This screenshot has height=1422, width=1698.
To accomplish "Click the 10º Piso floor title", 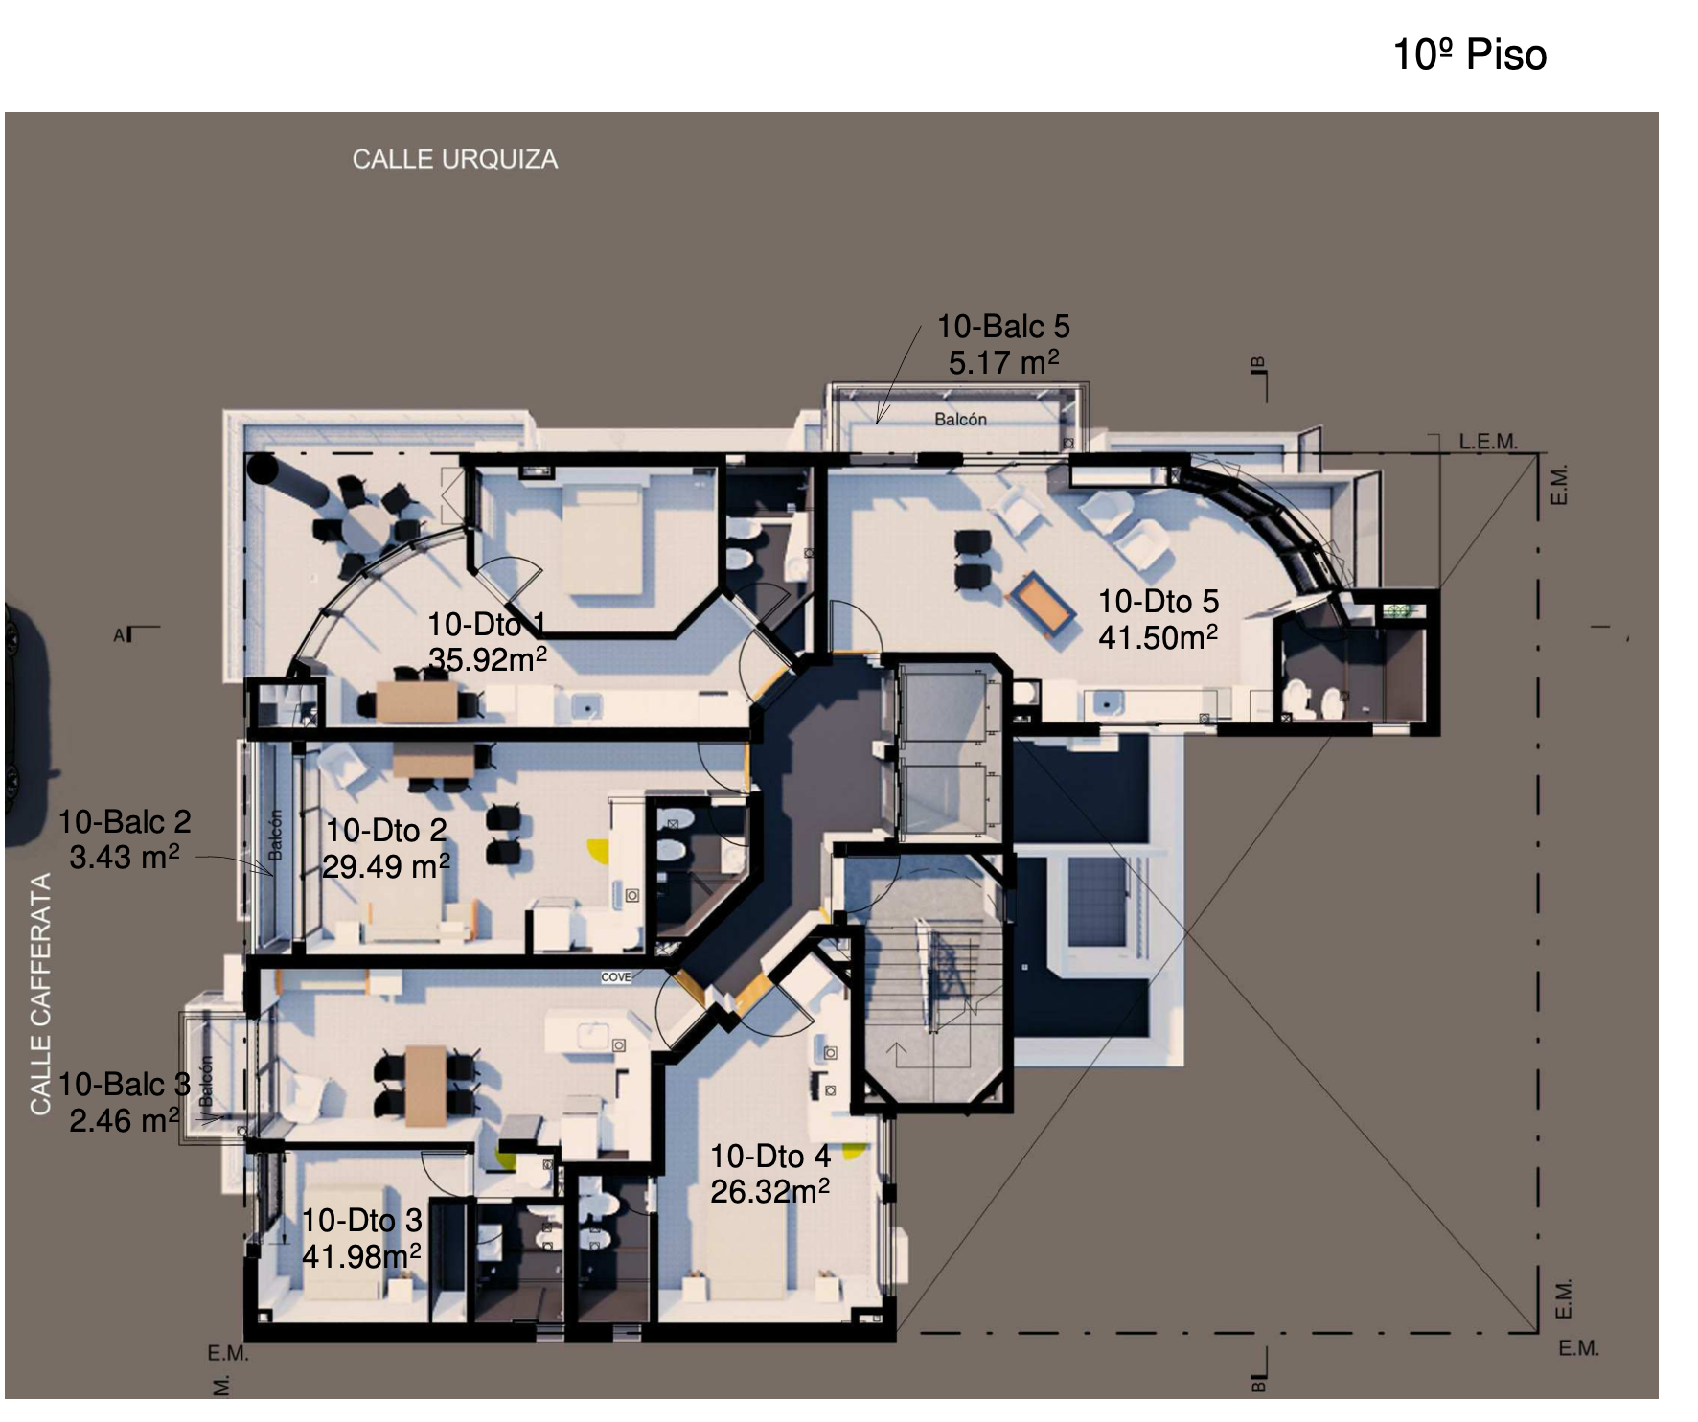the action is [x=1469, y=55].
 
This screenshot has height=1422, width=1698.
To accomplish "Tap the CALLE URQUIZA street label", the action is [x=454, y=159].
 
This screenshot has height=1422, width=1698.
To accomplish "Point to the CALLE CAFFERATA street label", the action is [x=40, y=995].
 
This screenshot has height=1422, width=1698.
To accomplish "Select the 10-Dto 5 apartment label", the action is [x=1159, y=602].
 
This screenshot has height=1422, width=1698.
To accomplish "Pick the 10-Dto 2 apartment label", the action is [x=386, y=830].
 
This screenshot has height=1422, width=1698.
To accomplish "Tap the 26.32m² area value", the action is [x=769, y=1192].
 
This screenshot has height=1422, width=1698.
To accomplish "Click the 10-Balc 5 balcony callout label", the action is [x=1003, y=327].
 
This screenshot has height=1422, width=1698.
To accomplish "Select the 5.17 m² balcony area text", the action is [x=1003, y=363].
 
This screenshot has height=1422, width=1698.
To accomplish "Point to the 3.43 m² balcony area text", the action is [x=124, y=857].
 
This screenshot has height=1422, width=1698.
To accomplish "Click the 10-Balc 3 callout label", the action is [x=125, y=1085].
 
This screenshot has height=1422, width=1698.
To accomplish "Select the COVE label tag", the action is [x=616, y=977].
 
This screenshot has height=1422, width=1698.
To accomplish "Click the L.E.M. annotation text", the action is [x=1488, y=442].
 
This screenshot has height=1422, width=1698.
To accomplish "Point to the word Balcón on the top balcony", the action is [x=960, y=419].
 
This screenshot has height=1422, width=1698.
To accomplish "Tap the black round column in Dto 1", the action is [x=262, y=469].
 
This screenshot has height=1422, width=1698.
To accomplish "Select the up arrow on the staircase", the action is [x=897, y=1055].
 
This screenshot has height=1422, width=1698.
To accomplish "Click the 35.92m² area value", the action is [x=488, y=660].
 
